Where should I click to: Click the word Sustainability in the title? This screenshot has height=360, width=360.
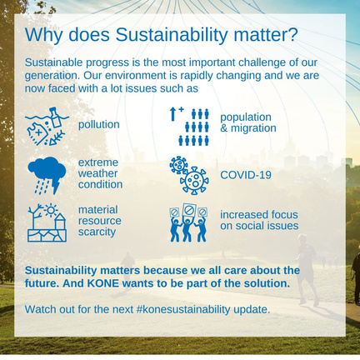(172, 34)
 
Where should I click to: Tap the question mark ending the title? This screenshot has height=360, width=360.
(292, 34)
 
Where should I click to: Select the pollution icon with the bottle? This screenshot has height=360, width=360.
(47, 127)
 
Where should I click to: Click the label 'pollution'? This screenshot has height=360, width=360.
(99, 125)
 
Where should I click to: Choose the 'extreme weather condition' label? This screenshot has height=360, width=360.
(100, 173)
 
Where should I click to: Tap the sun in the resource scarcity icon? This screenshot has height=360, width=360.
(51, 210)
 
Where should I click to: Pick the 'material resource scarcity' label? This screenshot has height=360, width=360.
(99, 221)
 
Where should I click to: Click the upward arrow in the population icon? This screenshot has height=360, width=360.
(172, 114)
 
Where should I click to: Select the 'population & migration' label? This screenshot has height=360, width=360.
(248, 122)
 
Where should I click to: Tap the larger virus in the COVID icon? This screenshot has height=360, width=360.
(194, 180)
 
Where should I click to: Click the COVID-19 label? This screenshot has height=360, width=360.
(246, 175)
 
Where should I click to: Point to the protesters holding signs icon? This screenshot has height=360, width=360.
(188, 222)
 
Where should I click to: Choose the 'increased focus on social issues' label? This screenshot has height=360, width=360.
(259, 220)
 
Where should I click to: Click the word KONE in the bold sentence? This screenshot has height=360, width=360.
(103, 283)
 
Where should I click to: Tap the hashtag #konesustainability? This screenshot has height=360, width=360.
(183, 309)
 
